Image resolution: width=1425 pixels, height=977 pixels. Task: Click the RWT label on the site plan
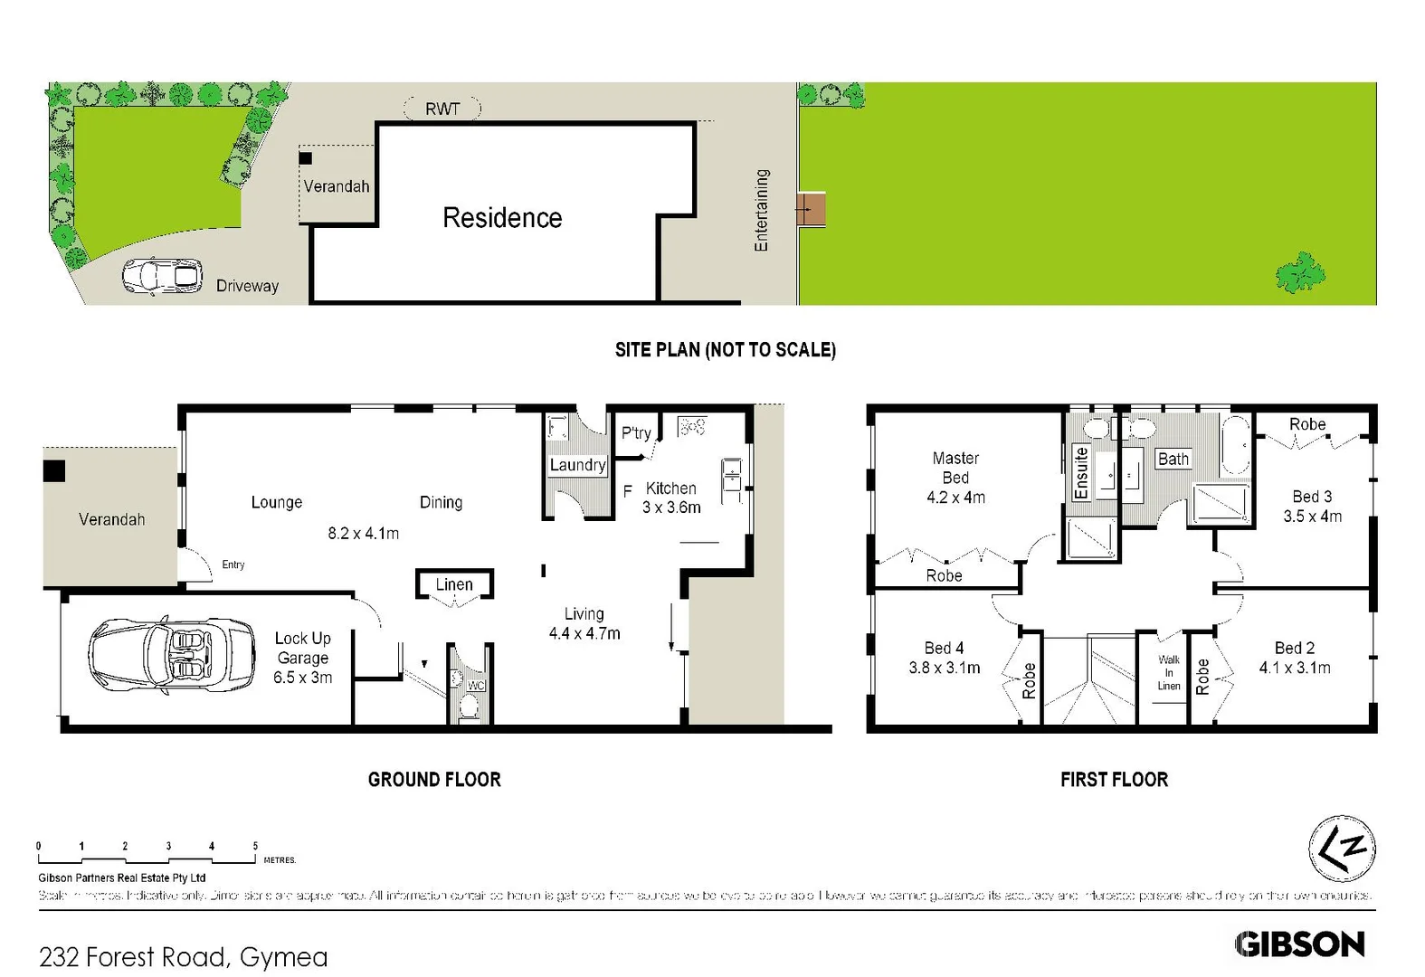tap(442, 109)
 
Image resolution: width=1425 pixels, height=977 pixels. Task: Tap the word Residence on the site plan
tap(502, 218)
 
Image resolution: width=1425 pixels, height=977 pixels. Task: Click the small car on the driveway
tap(163, 276)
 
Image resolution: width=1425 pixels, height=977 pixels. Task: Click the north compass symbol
tap(1342, 848)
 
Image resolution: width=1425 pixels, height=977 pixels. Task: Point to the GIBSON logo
tap(1299, 944)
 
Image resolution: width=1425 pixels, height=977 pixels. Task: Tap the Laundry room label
tap(577, 465)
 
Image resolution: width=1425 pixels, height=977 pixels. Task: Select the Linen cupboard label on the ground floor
tap(454, 584)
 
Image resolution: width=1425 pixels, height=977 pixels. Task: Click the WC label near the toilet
tap(476, 686)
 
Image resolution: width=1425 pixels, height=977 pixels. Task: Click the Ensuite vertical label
tap(1080, 472)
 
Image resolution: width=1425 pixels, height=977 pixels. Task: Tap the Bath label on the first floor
tap(1173, 459)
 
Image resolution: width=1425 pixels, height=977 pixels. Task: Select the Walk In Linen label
tap(1169, 673)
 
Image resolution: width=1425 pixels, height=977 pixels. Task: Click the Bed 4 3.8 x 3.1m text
tap(944, 658)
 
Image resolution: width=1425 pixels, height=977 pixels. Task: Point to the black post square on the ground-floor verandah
tap(54, 470)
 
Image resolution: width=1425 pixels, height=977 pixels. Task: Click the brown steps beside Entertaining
tap(812, 209)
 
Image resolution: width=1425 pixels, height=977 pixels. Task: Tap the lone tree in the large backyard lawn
tap(1300, 272)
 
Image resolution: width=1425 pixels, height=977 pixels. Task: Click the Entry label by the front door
tap(233, 564)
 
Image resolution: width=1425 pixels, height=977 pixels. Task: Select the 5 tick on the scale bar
tap(255, 847)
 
